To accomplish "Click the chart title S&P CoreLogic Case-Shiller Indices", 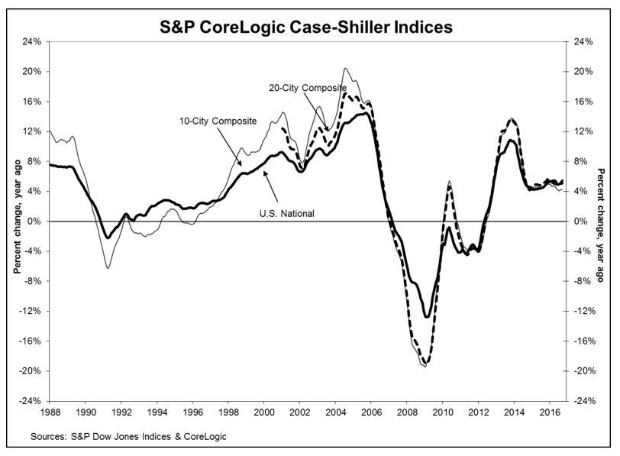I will (x=310, y=27).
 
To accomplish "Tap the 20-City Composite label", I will (x=304, y=88).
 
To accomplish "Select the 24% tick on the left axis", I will (x=31, y=41).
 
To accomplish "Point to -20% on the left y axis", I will (x=29, y=371).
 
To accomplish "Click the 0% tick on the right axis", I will (x=581, y=222).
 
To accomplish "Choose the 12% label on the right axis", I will (x=583, y=131).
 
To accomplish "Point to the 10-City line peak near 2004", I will (x=347, y=69).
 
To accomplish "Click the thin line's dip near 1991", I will (x=108, y=267).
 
